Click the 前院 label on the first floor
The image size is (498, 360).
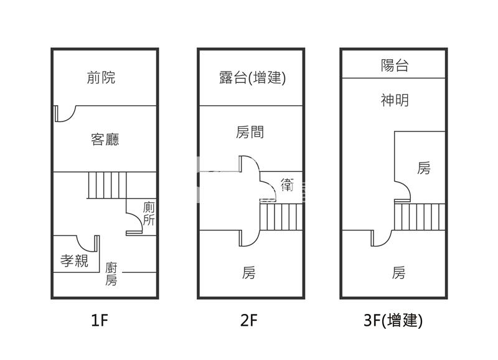[101, 78]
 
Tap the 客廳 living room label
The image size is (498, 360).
[105, 139]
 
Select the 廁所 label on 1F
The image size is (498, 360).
[149, 214]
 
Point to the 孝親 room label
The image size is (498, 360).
[75, 262]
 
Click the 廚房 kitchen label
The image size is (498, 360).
[111, 274]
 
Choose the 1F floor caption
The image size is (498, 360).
[100, 321]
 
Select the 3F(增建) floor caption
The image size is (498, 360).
[393, 321]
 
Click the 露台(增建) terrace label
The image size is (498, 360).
[252, 78]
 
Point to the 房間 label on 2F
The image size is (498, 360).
[250, 132]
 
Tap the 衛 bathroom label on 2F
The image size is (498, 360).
[287, 185]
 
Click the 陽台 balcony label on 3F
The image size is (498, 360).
[395, 65]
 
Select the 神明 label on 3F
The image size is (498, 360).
[395, 100]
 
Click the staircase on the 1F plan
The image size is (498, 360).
[106, 185]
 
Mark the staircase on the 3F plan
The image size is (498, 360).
[418, 217]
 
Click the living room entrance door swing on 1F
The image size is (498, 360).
[64, 115]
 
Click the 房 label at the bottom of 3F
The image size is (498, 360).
[399, 273]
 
